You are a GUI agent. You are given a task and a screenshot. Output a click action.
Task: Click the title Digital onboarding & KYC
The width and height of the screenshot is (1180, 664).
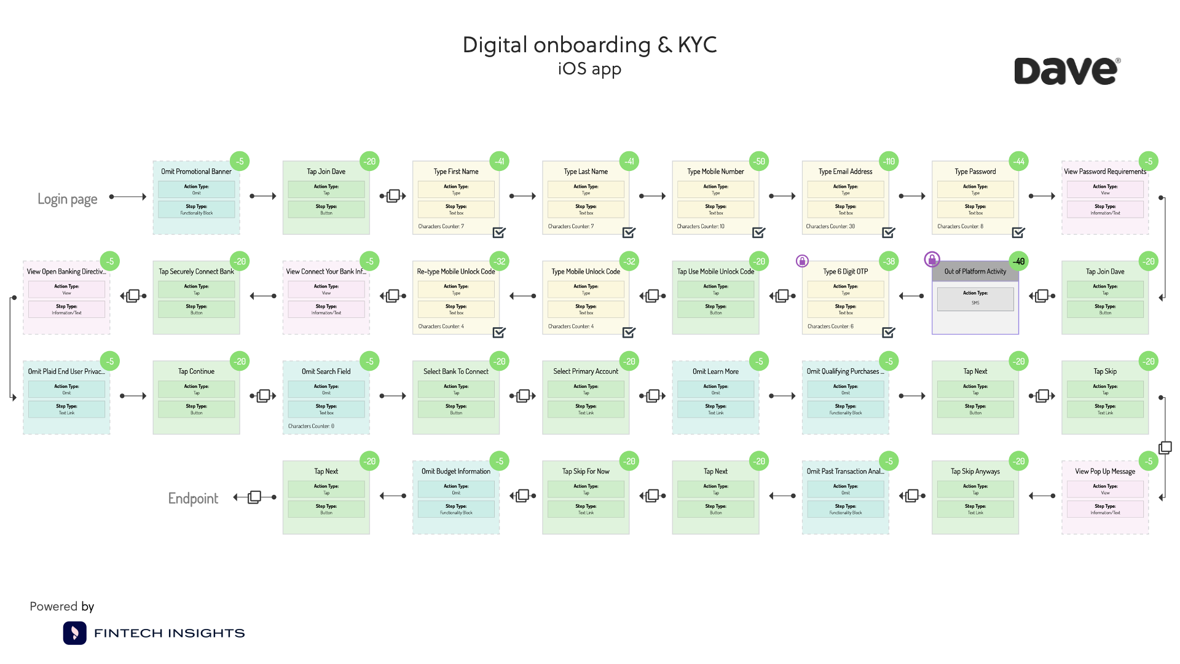tap(589, 45)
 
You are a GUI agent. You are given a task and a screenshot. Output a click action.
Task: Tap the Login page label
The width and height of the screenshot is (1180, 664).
tap(68, 199)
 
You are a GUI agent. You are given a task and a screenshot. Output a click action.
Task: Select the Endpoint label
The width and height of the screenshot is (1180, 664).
tap(193, 498)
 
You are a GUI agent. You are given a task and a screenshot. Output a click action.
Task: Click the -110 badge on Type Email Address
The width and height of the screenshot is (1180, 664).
tap(889, 162)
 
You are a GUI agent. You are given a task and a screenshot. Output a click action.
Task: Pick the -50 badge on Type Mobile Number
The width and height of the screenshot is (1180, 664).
tap(760, 162)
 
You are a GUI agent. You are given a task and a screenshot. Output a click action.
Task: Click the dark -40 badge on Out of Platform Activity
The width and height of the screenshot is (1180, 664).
tap(1018, 261)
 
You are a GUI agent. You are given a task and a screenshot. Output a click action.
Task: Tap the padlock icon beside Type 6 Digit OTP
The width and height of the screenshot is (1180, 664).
tap(802, 261)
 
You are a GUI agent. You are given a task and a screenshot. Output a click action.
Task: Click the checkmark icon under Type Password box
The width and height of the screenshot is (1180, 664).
tap(1018, 232)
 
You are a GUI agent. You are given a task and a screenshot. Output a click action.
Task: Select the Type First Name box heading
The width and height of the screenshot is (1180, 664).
tap(456, 172)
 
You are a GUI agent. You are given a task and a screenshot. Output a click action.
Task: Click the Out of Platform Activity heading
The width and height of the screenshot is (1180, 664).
tap(975, 271)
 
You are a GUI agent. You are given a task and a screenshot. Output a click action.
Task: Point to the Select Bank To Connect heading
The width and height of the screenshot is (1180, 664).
tap(456, 371)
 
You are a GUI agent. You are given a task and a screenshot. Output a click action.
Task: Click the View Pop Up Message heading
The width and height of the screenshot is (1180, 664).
tap(1105, 472)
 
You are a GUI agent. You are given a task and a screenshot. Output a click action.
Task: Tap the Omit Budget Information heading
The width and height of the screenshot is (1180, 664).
tap(456, 472)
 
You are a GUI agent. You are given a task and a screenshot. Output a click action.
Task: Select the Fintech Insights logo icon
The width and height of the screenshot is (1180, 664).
tap(74, 633)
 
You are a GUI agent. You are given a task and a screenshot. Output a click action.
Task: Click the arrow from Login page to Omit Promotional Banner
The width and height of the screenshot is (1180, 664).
tap(128, 197)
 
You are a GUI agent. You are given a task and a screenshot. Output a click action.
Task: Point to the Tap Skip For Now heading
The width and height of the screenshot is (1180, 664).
tap(586, 472)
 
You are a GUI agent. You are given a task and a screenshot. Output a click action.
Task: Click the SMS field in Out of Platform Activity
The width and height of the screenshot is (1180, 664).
tap(975, 302)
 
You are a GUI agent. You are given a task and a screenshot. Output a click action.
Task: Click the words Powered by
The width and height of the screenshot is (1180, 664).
tap(62, 606)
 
